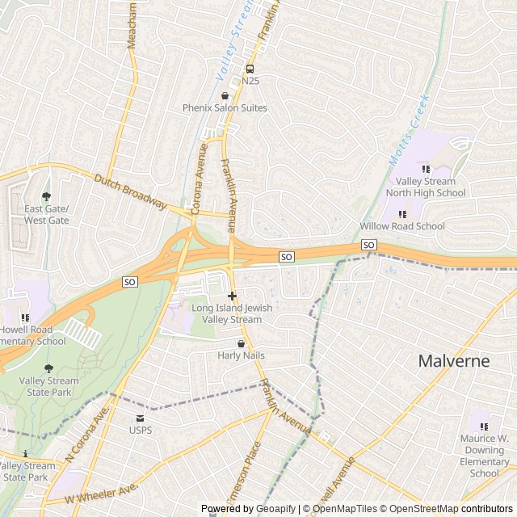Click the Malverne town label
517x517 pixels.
(x=453, y=360)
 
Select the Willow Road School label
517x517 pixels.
(x=402, y=226)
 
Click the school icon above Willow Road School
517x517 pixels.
(x=401, y=214)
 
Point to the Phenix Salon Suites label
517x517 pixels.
(x=225, y=107)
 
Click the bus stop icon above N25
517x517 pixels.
(x=250, y=69)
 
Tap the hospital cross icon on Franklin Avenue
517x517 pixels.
(x=233, y=296)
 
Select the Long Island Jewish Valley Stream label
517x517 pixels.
(x=232, y=313)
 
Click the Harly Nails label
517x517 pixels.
(x=241, y=355)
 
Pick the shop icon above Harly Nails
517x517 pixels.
(x=241, y=343)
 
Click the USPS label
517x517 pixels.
(x=140, y=430)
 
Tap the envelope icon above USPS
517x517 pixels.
(x=140, y=418)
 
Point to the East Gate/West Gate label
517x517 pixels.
(x=46, y=214)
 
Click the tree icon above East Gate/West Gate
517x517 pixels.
(x=46, y=196)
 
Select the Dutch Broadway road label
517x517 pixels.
(x=130, y=191)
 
